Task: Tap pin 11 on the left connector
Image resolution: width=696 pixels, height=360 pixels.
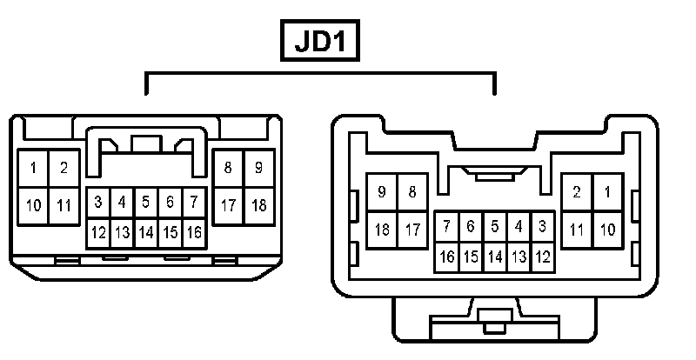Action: tap(63, 206)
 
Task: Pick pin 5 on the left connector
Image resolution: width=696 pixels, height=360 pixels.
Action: tap(146, 202)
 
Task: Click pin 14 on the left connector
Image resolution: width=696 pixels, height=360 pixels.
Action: tap(146, 232)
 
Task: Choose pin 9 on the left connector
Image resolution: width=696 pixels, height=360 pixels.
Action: tap(258, 168)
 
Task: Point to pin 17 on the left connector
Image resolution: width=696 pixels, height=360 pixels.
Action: tap(228, 206)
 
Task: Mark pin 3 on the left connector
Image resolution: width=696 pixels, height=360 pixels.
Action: tap(98, 202)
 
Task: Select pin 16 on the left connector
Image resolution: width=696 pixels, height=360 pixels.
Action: tap(194, 232)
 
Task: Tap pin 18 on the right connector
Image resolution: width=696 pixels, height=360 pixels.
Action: tap(382, 230)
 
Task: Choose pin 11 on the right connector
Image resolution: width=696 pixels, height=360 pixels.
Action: tap(577, 230)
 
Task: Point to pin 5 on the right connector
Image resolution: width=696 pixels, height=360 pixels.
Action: tap(494, 227)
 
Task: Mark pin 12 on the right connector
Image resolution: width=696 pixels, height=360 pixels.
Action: tap(543, 257)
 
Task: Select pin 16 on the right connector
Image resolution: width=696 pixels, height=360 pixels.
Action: tap(446, 257)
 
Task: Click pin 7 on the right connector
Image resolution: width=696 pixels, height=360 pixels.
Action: tap(446, 227)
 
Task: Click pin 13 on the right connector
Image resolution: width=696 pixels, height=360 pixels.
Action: tap(519, 257)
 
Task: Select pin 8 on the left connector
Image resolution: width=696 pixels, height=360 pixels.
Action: tap(228, 168)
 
